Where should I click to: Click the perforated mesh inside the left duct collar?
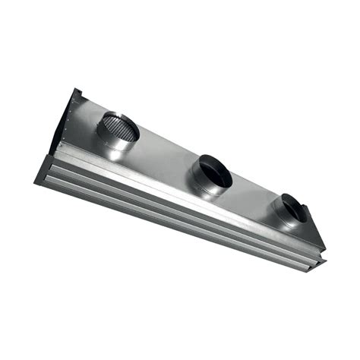122,127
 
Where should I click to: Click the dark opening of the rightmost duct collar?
292,207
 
